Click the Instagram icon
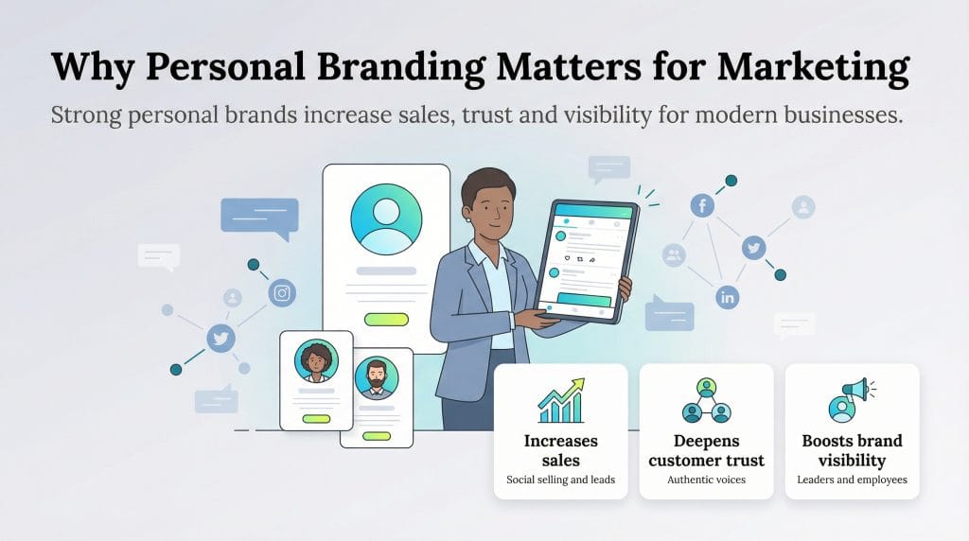click(x=281, y=293)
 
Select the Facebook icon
click(x=702, y=204)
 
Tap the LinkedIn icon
click(x=728, y=297)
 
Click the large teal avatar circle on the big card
click(x=386, y=218)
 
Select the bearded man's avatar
click(x=377, y=378)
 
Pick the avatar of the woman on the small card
click(x=316, y=361)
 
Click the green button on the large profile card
click(x=386, y=319)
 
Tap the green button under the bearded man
click(x=377, y=435)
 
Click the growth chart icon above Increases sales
click(x=560, y=401)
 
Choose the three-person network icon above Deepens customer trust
click(x=706, y=401)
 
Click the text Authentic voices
click(x=706, y=480)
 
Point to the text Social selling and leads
click(x=560, y=480)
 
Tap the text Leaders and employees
click(x=852, y=480)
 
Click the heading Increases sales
click(x=560, y=450)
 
